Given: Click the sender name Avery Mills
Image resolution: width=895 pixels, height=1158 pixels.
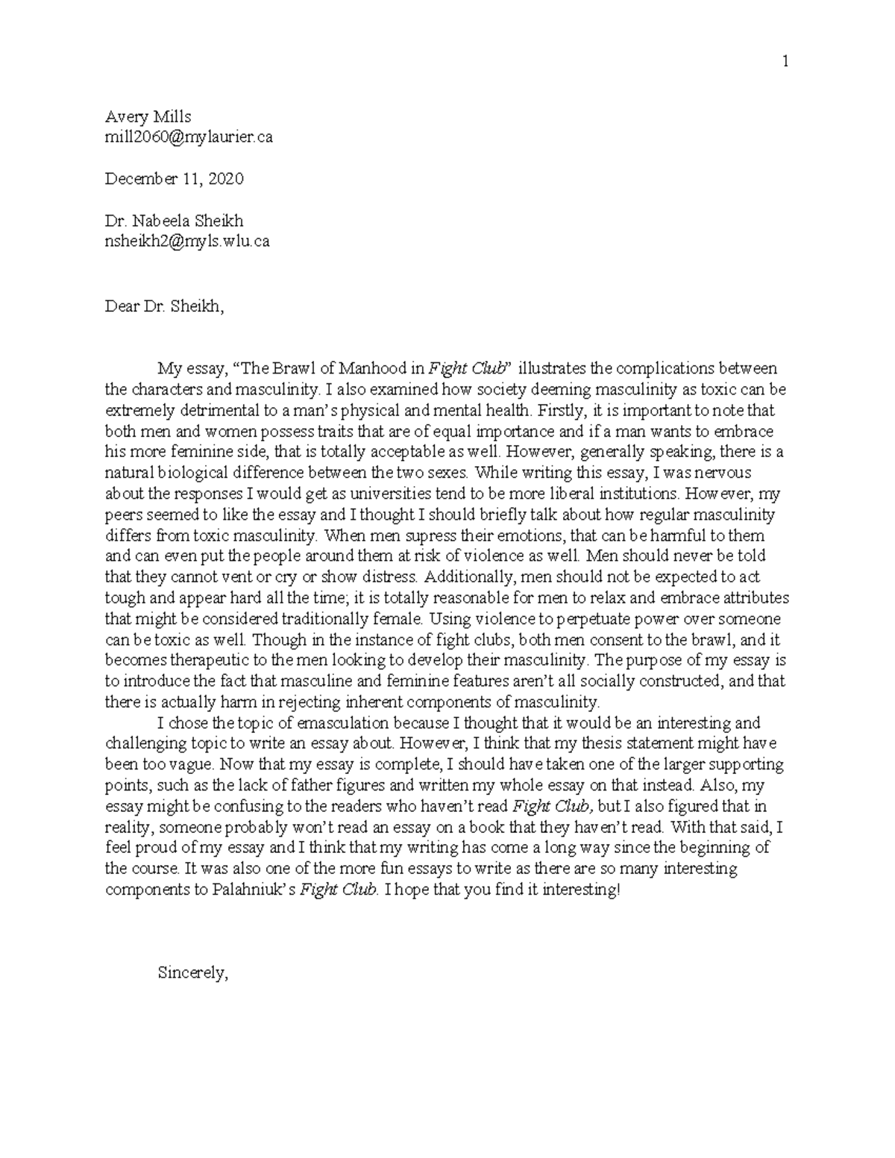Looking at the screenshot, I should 148,117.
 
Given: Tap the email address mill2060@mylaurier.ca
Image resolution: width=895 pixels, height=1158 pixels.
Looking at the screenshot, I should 189,137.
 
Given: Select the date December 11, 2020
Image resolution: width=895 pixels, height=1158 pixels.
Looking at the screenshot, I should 174,179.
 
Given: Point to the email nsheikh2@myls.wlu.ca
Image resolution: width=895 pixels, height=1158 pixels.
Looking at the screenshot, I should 186,241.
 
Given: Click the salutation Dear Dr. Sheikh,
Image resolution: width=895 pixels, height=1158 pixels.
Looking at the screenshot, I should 163,306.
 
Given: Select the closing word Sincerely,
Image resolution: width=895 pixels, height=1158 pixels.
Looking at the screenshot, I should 192,972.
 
